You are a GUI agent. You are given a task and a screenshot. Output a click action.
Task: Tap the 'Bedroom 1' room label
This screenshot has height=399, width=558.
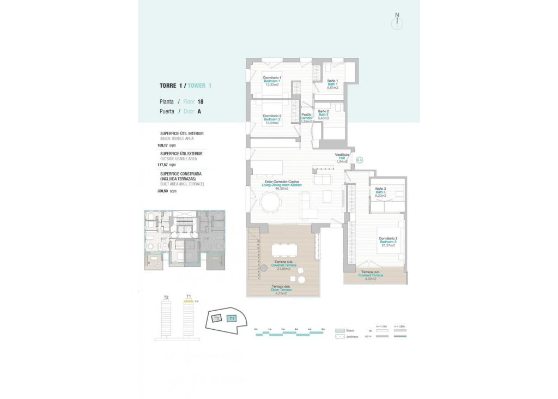pos(272,81)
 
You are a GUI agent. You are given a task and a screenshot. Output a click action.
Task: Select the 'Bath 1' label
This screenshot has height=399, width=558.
pos(333,84)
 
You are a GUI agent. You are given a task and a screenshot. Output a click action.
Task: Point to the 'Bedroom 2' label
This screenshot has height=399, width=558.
pos(272,119)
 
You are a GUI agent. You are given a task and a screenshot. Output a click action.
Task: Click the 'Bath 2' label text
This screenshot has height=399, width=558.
pos(323,114)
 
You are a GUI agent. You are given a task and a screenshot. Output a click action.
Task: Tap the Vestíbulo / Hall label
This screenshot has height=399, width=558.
pos(342,158)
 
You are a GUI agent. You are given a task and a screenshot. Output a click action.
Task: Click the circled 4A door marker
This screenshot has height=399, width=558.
pos(360,160)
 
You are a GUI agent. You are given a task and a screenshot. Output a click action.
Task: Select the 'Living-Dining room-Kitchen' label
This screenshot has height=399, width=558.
pos(281,185)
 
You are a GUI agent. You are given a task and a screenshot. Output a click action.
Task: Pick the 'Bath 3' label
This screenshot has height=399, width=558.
pos(380,192)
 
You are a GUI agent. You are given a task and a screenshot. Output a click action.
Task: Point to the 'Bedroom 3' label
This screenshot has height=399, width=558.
pos(389,241)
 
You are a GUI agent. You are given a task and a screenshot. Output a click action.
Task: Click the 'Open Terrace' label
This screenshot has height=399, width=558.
pos(282,289)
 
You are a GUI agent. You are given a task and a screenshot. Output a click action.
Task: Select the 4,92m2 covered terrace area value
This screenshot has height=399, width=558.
pos(371,279)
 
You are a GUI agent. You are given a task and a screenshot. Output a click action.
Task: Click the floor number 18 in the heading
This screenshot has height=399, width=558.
pos(201,101)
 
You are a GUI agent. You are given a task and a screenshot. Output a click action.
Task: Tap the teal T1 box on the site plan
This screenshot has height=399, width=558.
pos(232,318)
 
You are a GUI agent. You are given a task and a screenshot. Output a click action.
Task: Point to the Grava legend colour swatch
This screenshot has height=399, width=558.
pos(339,330)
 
